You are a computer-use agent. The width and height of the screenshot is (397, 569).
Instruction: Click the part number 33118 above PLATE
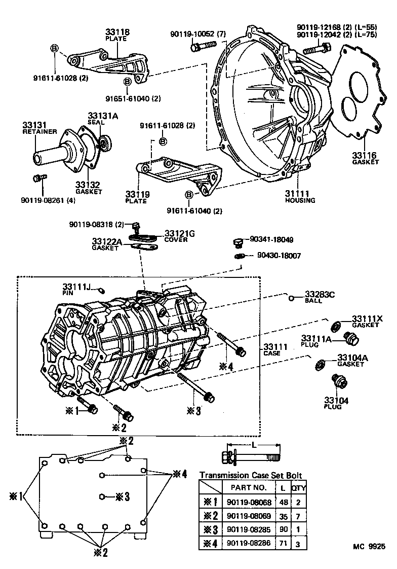click(x=117, y=32)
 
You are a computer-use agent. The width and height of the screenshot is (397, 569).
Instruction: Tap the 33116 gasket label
click(x=365, y=158)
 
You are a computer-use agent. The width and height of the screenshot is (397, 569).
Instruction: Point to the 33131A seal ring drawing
click(x=104, y=144)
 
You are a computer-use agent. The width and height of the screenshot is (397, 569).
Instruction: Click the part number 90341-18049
click(x=275, y=239)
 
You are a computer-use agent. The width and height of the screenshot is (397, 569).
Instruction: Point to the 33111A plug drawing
click(x=349, y=336)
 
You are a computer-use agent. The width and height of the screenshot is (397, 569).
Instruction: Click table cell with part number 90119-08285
click(x=249, y=529)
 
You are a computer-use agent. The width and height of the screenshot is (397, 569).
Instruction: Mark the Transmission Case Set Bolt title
click(x=251, y=475)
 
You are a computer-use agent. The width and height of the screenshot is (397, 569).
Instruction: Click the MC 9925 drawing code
click(x=369, y=547)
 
